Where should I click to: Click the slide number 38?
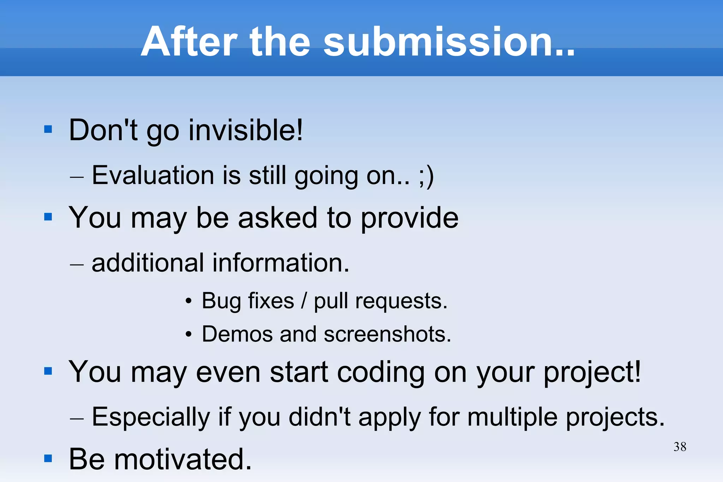[680, 447]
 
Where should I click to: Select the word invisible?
[246, 130]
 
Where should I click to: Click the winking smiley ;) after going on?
[426, 175]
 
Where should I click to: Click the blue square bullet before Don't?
[48, 129]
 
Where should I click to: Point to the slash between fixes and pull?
[304, 301]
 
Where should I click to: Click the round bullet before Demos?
[189, 334]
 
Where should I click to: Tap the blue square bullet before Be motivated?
[48, 458]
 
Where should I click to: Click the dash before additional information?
[77, 264]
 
